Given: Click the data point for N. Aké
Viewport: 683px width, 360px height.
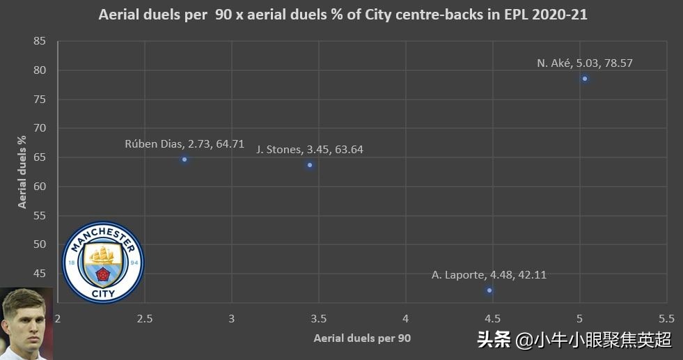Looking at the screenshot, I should click(585, 79).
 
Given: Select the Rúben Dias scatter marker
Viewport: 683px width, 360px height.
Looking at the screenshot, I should click(185, 159).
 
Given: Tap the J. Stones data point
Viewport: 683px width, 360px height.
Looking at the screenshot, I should click(310, 165).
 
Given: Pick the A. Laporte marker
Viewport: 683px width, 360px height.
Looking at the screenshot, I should click(489, 290).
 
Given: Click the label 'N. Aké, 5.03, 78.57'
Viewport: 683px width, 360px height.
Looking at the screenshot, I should click(585, 63).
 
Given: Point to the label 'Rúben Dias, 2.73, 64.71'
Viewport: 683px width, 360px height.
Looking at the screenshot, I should click(185, 144).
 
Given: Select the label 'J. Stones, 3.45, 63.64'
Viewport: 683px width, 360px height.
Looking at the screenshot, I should click(310, 149).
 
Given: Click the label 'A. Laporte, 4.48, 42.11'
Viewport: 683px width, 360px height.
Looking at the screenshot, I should click(489, 274).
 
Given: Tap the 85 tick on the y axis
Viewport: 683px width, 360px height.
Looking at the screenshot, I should click(40, 41).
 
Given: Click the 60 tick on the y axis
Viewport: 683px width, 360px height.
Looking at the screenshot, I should click(40, 186).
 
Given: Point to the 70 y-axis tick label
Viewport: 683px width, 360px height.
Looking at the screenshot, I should click(40, 128).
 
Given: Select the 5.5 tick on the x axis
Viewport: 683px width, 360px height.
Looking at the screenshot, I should click(666, 318).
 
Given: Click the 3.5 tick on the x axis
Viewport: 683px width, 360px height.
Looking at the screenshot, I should click(319, 318).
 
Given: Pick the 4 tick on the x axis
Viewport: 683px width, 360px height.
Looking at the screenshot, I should click(406, 318).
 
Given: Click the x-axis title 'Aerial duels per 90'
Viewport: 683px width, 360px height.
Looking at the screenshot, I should click(362, 338).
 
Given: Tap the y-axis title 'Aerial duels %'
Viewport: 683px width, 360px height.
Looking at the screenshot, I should click(22, 171).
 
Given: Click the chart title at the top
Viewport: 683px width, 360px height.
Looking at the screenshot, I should click(343, 15).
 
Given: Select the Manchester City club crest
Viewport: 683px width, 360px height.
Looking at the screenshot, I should click(103, 262).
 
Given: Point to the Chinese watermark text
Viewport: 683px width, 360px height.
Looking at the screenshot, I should click(574, 340).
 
